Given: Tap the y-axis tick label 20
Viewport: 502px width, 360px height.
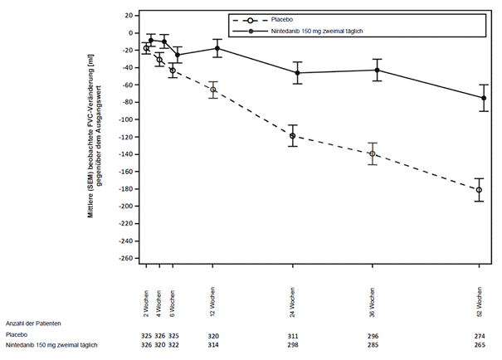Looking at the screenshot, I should pyautogui.click(x=129, y=16).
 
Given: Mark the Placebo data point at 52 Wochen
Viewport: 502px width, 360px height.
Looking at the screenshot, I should pyautogui.click(x=480, y=190).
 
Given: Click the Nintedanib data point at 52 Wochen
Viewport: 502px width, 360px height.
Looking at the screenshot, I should pyautogui.click(x=484, y=98).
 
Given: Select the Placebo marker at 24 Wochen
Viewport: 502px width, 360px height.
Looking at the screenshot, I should pyautogui.click(x=292, y=136).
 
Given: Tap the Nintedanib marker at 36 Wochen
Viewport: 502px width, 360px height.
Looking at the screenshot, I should pyautogui.click(x=377, y=70).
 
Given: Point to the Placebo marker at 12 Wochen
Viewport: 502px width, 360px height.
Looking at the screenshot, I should pyautogui.click(x=213, y=90).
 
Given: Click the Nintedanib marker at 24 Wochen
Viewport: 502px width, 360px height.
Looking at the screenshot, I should pyautogui.click(x=297, y=73).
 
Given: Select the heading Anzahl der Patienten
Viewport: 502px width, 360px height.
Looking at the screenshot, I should pyautogui.click(x=33, y=323).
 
